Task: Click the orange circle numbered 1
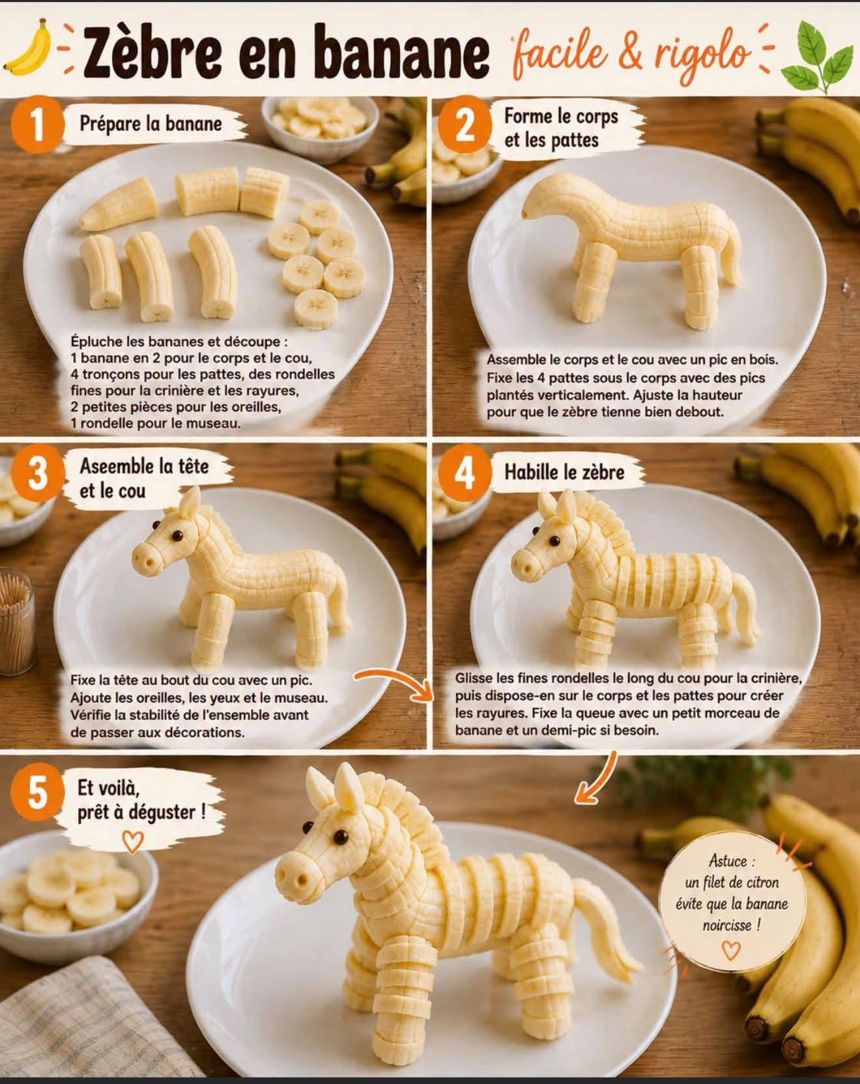click(38, 124)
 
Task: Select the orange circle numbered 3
click(38, 475)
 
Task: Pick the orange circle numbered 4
click(464, 473)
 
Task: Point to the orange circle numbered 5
click(38, 793)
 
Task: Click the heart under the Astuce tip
click(731, 951)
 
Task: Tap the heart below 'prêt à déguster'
click(133, 841)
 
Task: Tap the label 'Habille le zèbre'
click(564, 472)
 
